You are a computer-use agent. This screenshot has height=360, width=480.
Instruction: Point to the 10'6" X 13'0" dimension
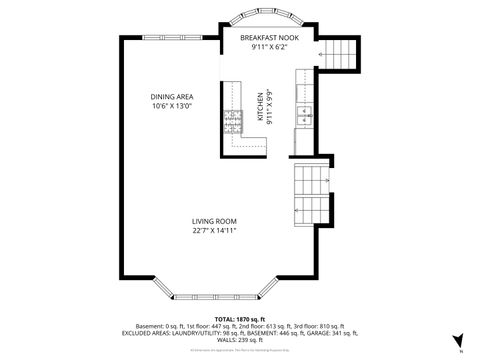[172, 105]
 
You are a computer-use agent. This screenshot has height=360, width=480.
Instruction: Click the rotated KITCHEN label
[259, 108]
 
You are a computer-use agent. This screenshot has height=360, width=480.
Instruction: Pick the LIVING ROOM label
[215, 221]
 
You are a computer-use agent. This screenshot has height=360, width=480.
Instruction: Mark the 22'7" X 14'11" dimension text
[215, 231]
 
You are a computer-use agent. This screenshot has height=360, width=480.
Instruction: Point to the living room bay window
[215, 291]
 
